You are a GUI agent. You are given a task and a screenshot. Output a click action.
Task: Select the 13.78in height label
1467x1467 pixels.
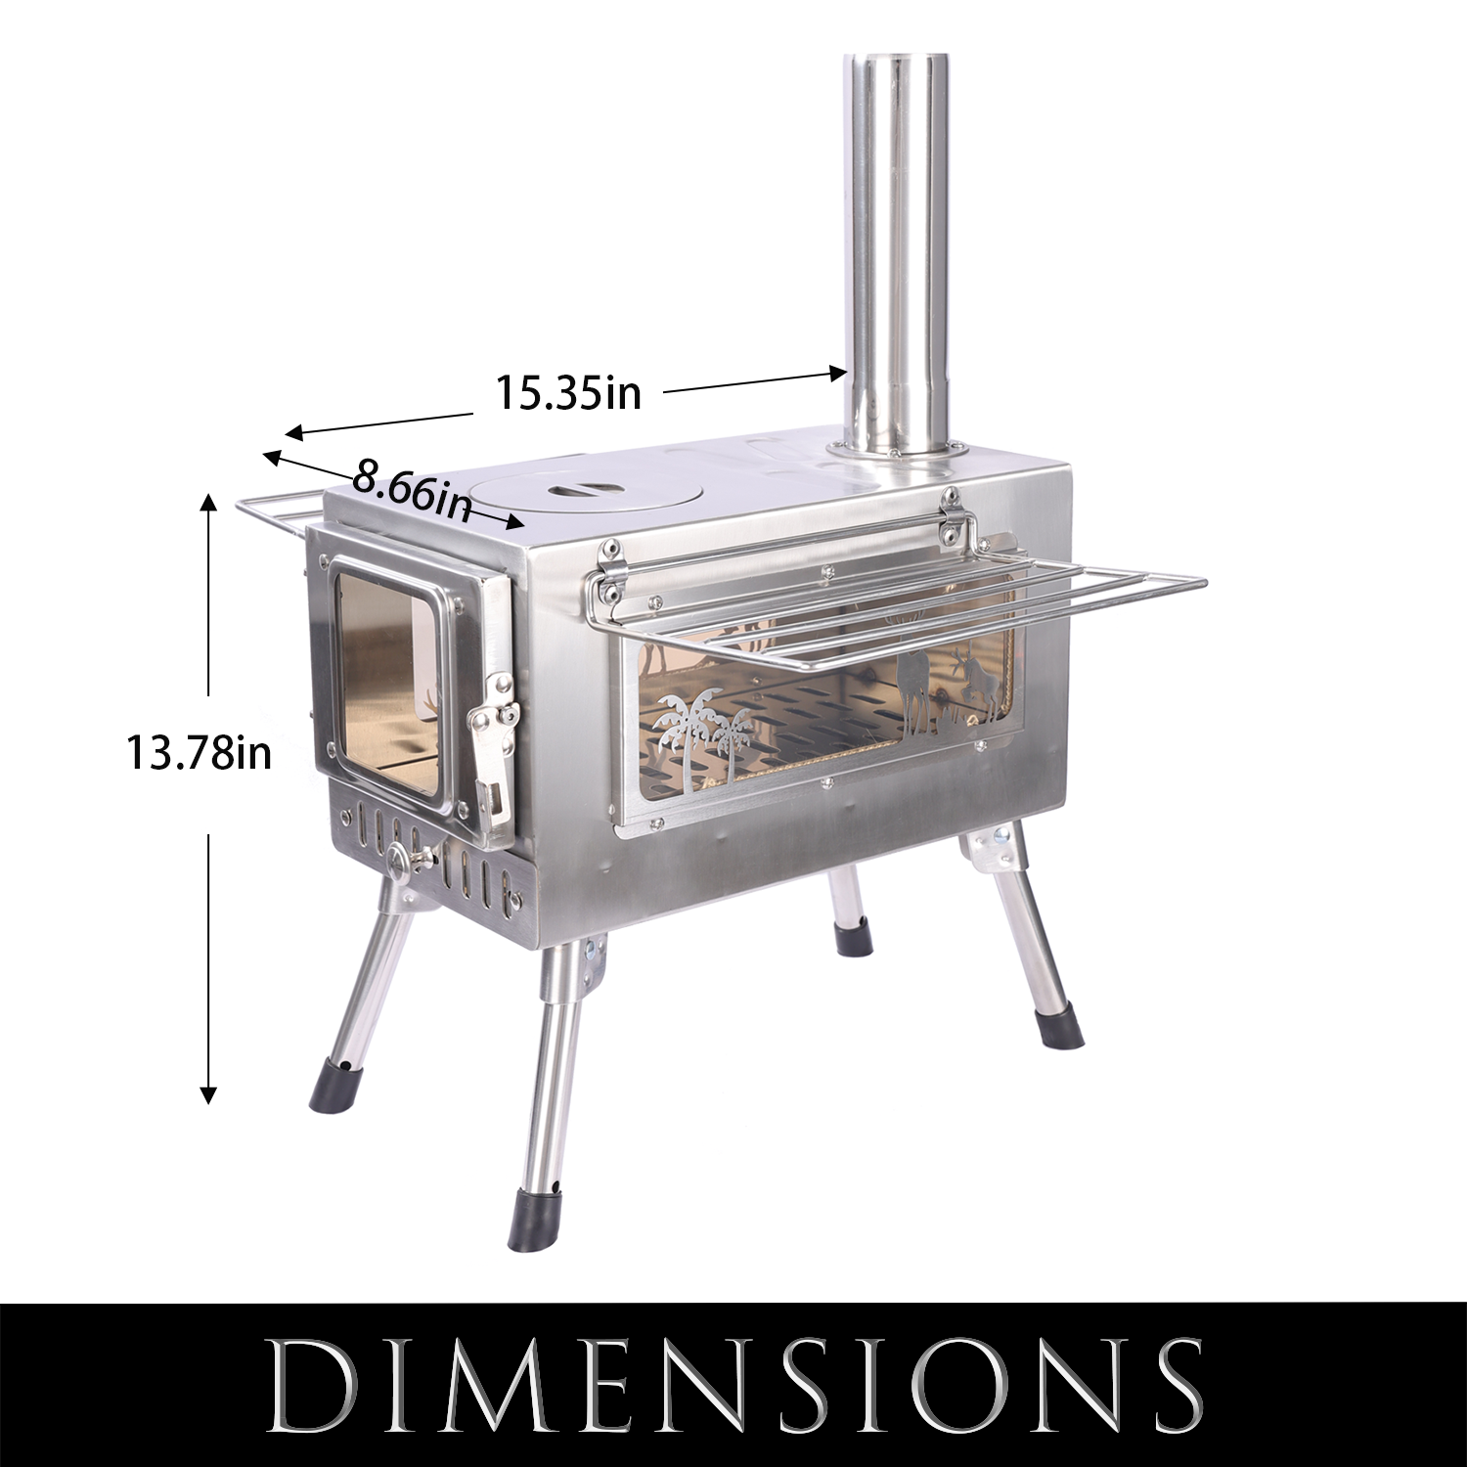pyautogui.click(x=199, y=753)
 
